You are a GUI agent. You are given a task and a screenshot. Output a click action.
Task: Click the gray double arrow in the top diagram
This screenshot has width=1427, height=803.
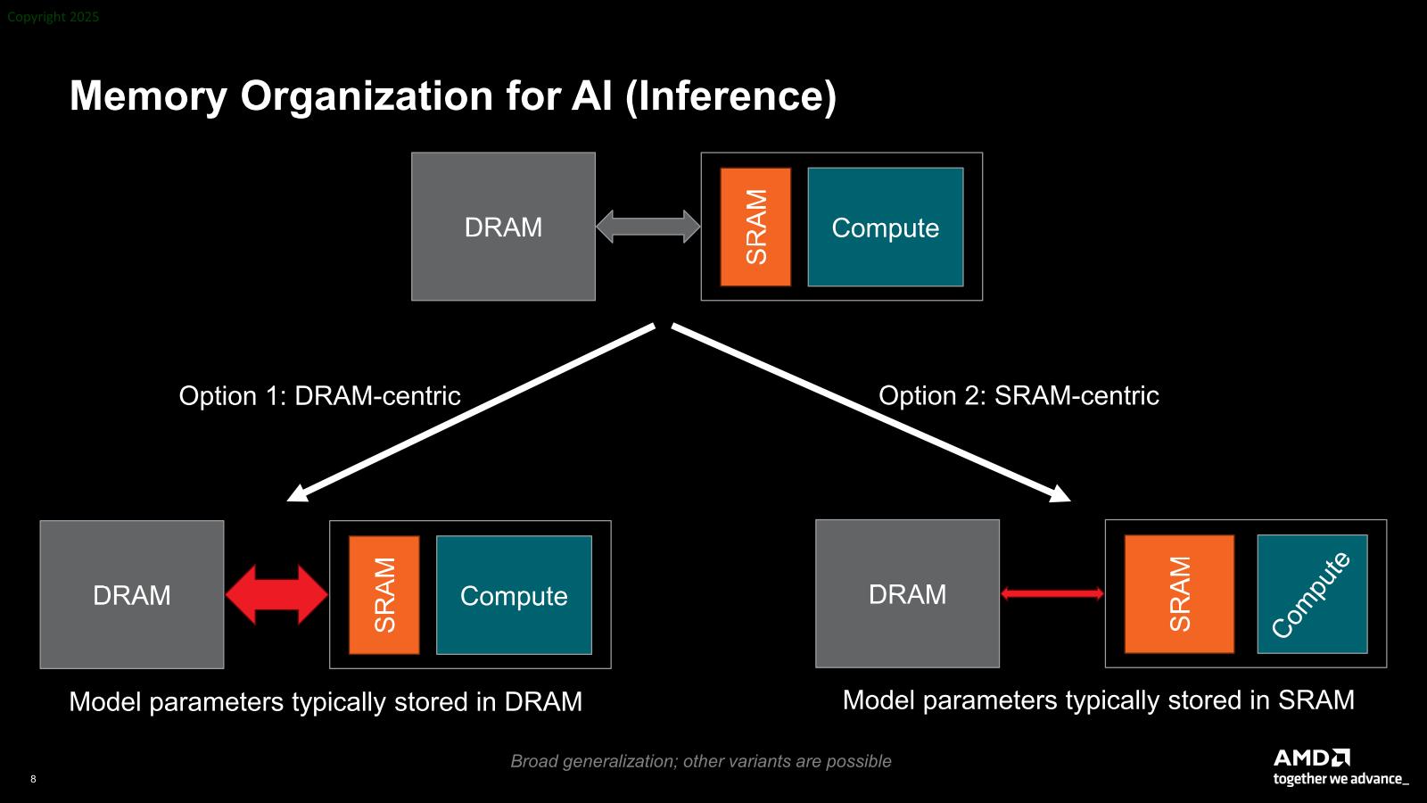tap(648, 227)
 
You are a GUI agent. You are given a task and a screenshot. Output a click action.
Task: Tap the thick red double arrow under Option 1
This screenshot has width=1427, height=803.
tap(276, 594)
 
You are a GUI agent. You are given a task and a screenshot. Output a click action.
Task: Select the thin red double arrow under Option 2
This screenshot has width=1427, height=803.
tap(1052, 593)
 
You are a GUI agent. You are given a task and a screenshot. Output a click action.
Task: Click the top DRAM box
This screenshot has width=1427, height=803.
tap(503, 227)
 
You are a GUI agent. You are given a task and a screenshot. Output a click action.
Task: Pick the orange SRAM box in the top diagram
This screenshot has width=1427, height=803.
tap(755, 227)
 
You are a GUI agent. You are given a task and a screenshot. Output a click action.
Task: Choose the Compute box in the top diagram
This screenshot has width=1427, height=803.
tap(886, 227)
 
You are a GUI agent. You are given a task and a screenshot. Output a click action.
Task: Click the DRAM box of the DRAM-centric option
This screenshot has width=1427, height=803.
tap(132, 594)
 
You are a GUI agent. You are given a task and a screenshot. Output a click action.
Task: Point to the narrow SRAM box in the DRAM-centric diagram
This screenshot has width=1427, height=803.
tap(384, 594)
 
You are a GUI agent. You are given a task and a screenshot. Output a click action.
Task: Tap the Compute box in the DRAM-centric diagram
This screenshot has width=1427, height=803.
tap(514, 594)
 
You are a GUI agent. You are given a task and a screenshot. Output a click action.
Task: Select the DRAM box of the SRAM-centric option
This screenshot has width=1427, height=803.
tap(907, 593)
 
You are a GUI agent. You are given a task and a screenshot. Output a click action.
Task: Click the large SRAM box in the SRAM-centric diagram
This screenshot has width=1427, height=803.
tap(1179, 593)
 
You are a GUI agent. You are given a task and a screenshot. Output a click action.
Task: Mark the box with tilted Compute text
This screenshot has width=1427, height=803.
tap(1312, 593)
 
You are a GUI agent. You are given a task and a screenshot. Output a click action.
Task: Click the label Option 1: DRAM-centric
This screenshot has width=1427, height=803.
tap(319, 395)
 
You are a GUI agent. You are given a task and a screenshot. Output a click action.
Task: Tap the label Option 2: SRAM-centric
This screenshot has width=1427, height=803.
tap(1019, 395)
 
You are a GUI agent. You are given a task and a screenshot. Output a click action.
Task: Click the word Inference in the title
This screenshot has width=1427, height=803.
tap(730, 95)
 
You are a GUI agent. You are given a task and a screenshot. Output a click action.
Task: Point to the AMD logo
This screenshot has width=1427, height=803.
tap(1311, 757)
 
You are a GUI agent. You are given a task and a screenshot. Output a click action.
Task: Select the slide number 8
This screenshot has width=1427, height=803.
tap(33, 779)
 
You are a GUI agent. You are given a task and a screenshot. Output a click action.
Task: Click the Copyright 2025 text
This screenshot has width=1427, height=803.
tap(54, 17)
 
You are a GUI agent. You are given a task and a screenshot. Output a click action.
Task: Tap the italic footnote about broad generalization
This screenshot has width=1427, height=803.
tap(700, 761)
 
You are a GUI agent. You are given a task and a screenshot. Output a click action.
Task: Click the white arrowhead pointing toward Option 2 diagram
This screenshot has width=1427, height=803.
tap(1060, 494)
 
